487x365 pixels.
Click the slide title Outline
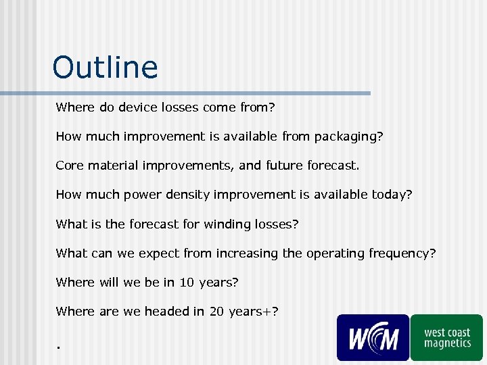(105, 68)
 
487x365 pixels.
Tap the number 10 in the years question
(187, 282)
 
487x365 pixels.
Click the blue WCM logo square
(373, 337)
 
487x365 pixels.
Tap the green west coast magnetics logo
(446, 337)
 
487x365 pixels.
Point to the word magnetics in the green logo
(447, 343)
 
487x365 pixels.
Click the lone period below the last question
(59, 347)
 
